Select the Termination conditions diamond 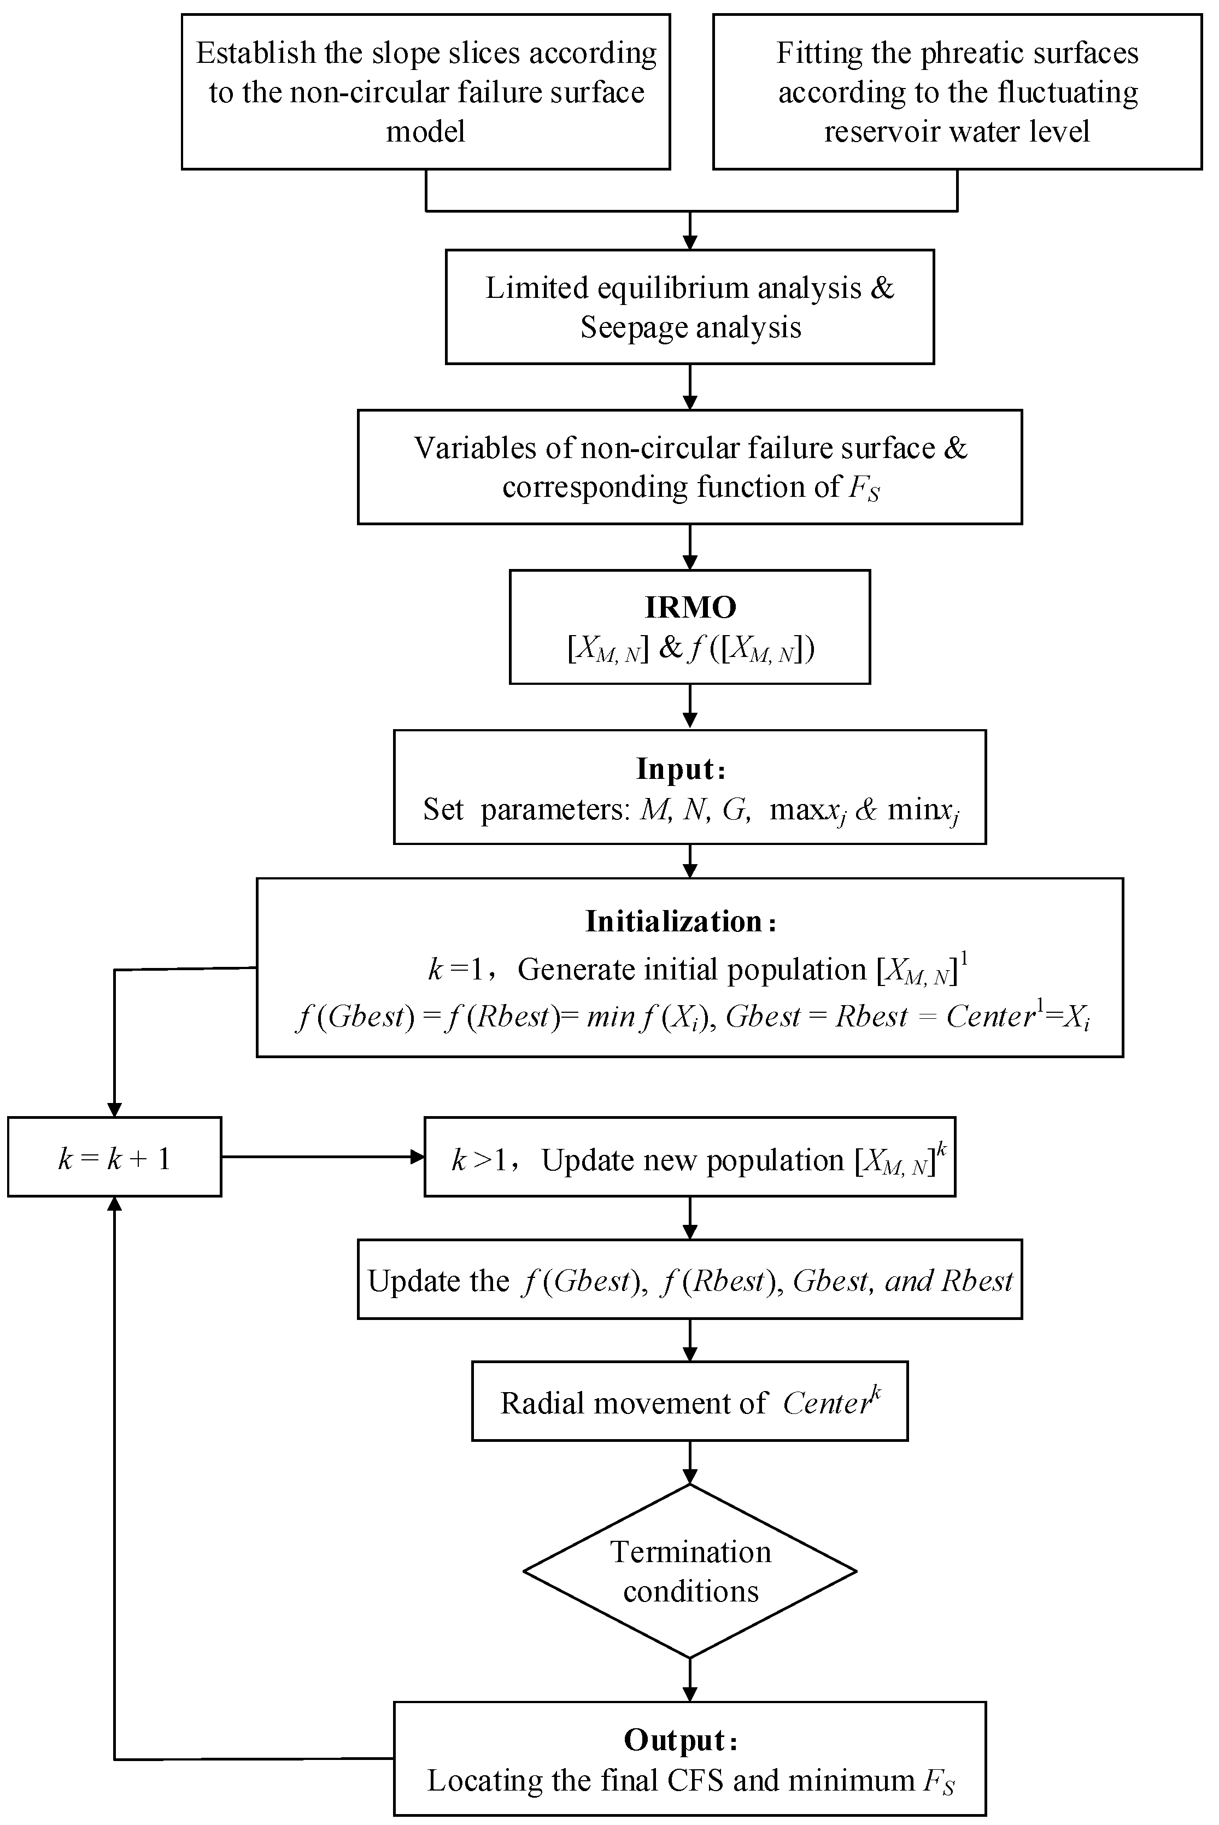[689, 1571]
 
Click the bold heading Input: [680, 768]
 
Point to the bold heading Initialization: [680, 921]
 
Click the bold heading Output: [680, 1740]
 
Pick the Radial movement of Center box [689, 1401]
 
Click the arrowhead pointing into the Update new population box [418, 1157]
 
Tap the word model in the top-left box [425, 131]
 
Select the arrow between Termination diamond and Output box [689, 1679]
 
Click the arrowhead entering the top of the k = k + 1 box [114, 1110]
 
